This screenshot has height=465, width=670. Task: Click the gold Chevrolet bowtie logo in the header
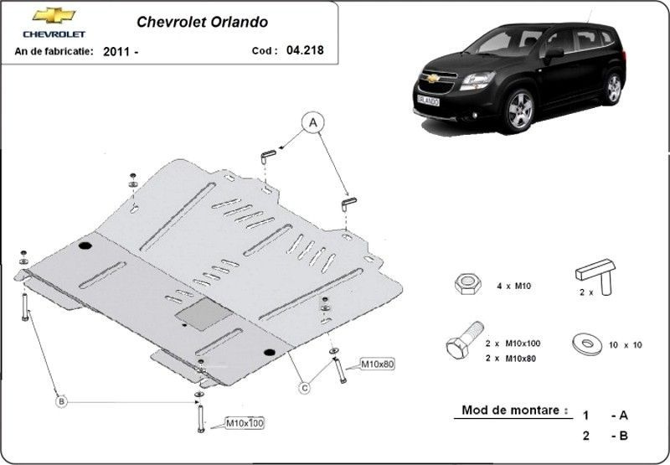54,15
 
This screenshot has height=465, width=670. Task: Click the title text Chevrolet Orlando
202,23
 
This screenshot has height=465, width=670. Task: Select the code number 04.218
305,50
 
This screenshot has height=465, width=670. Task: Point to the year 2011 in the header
116,52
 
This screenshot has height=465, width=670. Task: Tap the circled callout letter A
313,122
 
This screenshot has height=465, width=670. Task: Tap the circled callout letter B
61,401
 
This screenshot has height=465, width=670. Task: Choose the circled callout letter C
304,388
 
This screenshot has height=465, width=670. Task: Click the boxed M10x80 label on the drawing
378,364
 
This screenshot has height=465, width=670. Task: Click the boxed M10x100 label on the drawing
245,423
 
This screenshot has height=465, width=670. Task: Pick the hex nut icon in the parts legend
468,284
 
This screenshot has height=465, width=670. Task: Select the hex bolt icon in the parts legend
465,340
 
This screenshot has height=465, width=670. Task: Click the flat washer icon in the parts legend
587,344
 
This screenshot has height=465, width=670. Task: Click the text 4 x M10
513,286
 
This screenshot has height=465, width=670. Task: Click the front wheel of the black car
519,111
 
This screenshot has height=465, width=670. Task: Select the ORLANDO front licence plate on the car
428,101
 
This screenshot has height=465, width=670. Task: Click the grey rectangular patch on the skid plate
204,314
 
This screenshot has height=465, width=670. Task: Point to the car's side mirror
554,54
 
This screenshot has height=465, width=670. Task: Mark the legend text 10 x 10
625,345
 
